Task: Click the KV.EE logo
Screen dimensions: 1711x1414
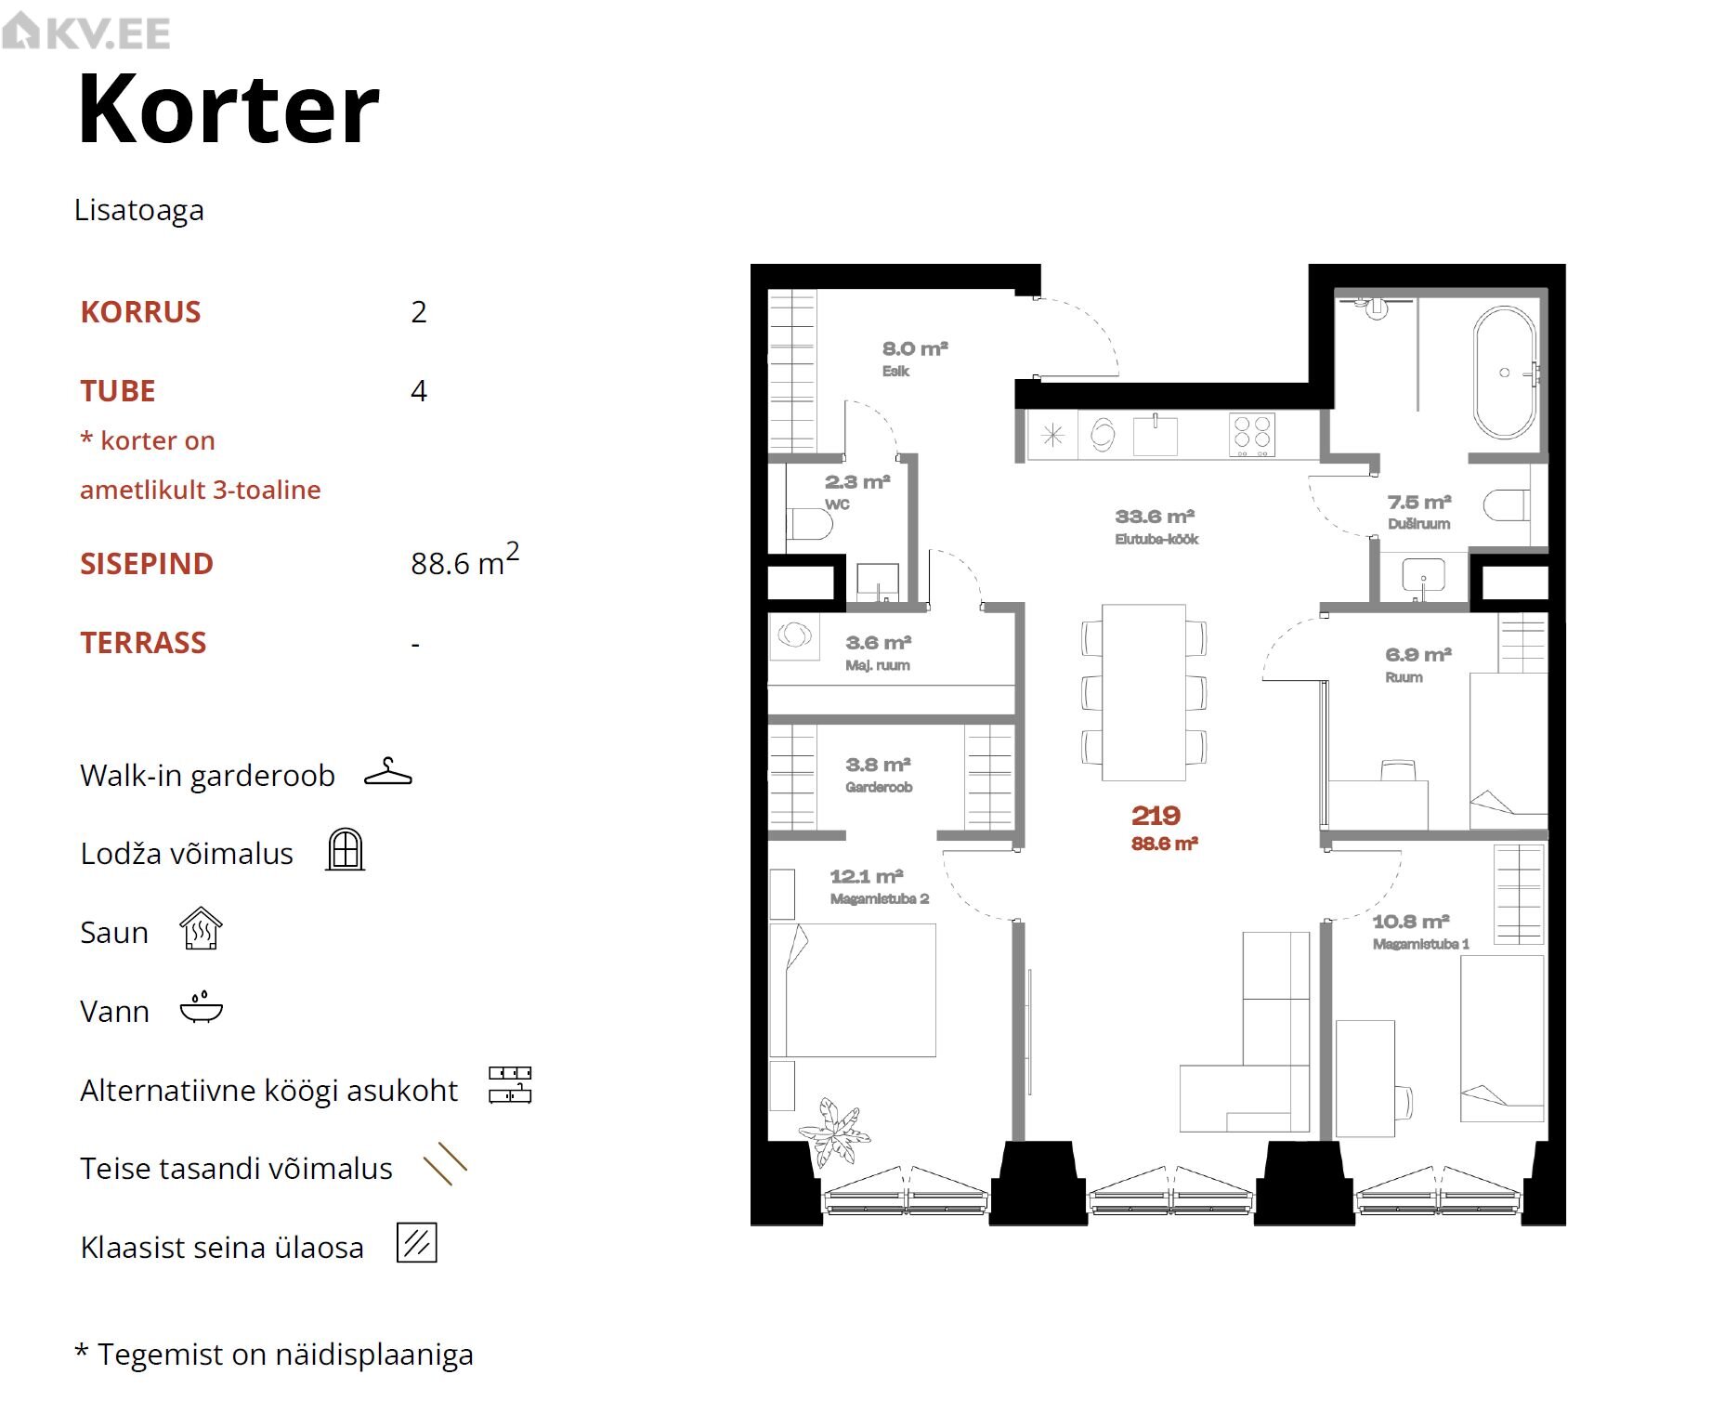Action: click(85, 33)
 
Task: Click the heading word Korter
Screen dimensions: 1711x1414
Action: click(229, 110)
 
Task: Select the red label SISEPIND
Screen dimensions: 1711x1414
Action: click(147, 564)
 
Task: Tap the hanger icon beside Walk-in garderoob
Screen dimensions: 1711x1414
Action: click(388, 772)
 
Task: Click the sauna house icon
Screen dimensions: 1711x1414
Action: click(201, 929)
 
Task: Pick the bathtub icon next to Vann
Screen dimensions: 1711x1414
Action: click(202, 1008)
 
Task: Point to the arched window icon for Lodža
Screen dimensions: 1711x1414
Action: click(345, 849)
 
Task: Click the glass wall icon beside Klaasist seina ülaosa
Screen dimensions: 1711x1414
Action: click(417, 1243)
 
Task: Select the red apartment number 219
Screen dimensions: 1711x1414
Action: click(1156, 816)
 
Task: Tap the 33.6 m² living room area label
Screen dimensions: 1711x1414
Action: click(1155, 517)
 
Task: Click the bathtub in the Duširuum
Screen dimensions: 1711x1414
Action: click(1505, 373)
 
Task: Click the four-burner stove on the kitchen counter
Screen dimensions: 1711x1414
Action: click(1252, 435)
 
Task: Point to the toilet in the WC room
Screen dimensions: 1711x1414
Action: click(809, 525)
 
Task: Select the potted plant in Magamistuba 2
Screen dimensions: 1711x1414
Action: click(833, 1132)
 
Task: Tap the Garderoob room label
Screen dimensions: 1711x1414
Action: click(879, 788)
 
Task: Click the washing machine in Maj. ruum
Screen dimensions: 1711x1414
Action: click(794, 636)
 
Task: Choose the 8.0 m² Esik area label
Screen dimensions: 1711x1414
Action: click(915, 349)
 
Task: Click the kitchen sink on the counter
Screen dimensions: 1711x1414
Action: click(1156, 435)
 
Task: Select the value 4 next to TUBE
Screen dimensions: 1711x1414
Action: click(419, 391)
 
